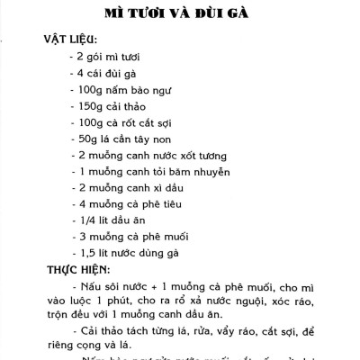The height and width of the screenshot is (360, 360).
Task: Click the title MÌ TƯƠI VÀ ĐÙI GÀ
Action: click(x=181, y=13)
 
